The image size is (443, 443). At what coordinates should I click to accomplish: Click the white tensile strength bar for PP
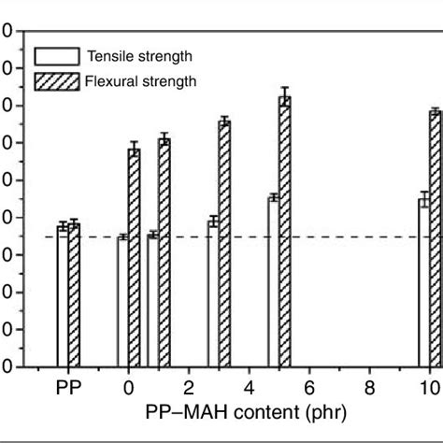click(63, 296)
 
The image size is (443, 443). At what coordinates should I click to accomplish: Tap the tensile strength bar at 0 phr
click(122, 302)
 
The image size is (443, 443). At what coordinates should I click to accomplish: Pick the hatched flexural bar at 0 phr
click(134, 258)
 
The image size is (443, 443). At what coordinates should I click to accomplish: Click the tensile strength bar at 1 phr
click(153, 301)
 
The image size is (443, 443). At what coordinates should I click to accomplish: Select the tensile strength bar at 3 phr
click(213, 293)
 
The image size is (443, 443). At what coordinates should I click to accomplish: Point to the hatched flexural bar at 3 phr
click(224, 244)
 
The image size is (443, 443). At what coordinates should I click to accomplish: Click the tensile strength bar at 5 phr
click(274, 282)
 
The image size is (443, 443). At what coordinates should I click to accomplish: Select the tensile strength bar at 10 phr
click(424, 282)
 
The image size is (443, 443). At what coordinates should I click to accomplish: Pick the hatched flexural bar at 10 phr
click(436, 239)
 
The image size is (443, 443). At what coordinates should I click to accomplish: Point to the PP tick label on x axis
click(67, 388)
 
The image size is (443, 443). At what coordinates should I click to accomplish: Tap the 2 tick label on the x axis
click(189, 388)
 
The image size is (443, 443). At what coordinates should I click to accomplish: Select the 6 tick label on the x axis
click(309, 388)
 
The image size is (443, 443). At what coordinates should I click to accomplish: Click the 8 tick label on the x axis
click(369, 388)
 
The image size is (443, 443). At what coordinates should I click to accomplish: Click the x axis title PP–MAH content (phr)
click(249, 412)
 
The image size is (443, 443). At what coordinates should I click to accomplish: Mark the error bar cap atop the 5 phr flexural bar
click(285, 88)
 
